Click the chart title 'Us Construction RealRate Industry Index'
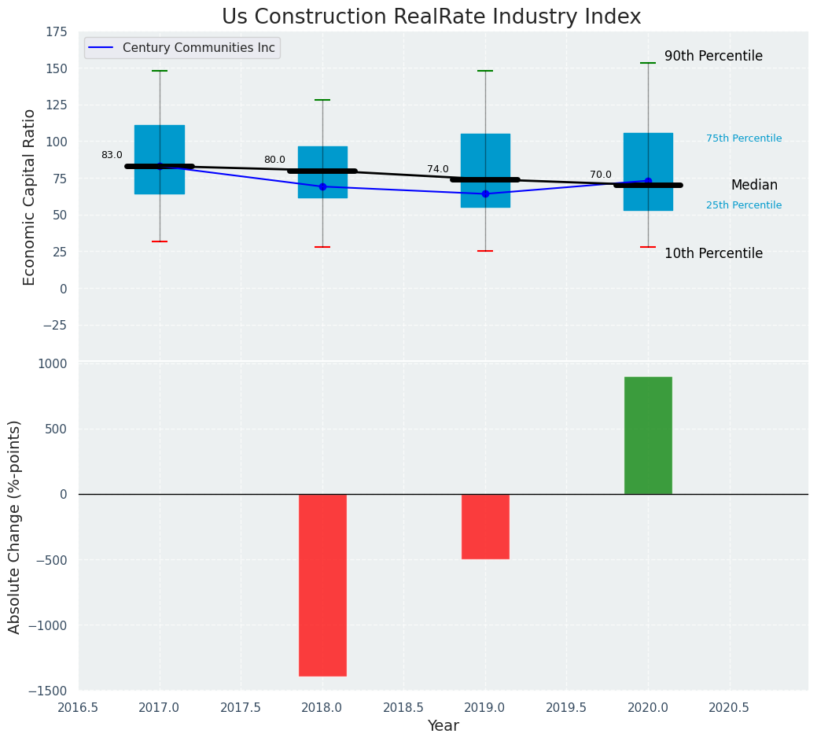click(x=431, y=17)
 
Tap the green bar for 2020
click(x=648, y=436)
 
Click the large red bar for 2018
click(x=322, y=584)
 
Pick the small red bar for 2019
click(x=485, y=526)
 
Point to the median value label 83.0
click(x=112, y=156)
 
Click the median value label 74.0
click(x=438, y=169)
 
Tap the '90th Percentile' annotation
click(x=713, y=57)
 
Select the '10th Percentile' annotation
click(x=713, y=254)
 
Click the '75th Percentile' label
click(x=744, y=138)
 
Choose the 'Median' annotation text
click(x=754, y=186)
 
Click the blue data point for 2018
click(x=322, y=186)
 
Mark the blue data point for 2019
click(x=485, y=194)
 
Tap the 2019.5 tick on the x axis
click(x=566, y=708)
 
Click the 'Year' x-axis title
click(x=443, y=726)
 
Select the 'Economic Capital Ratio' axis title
click(x=30, y=197)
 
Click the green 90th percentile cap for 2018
click(x=322, y=100)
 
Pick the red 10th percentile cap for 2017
click(x=160, y=241)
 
